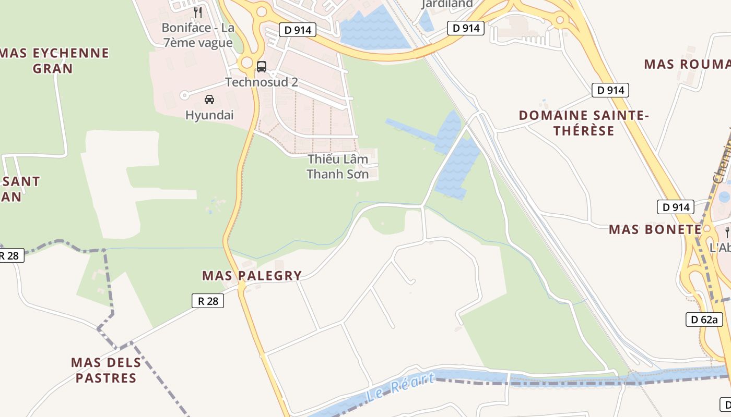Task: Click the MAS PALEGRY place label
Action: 252,275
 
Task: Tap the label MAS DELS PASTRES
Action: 106,370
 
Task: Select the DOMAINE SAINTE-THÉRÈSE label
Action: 584,123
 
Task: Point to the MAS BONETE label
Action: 655,229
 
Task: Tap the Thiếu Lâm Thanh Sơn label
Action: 338,166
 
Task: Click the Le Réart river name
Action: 400,387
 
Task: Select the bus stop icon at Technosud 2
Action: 262,67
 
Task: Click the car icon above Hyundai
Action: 209,99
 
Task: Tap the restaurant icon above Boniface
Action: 198,12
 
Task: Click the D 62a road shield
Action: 704,319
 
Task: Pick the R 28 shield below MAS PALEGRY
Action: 208,301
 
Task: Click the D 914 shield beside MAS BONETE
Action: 675,207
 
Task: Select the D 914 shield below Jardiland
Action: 466,28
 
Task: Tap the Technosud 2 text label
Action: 262,82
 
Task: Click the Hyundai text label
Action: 209,115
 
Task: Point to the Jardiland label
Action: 447,4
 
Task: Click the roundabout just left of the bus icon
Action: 246,64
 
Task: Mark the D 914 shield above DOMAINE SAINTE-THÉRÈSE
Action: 610,90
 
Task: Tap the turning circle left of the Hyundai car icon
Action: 184,95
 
